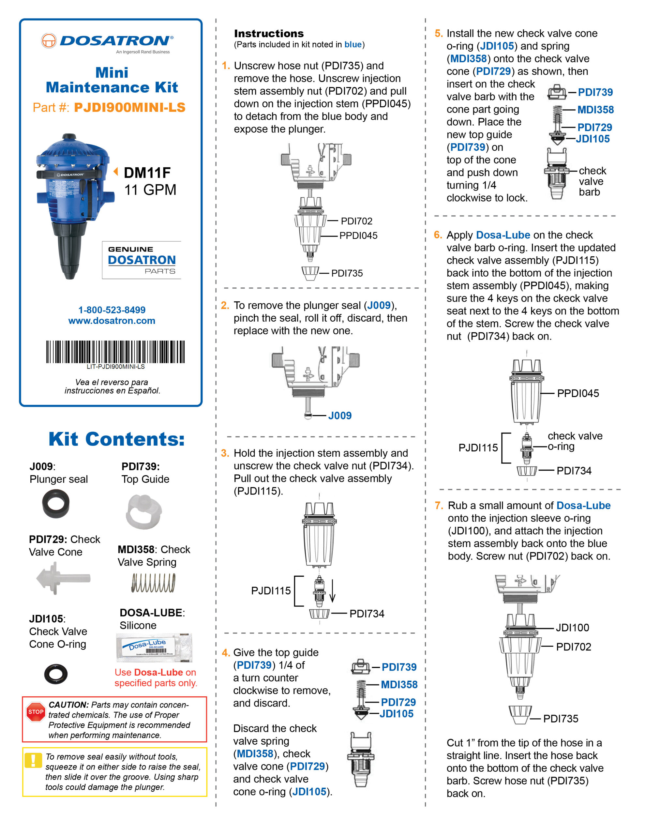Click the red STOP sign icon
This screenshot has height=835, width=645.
click(36, 712)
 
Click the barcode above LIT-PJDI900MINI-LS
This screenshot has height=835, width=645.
click(115, 351)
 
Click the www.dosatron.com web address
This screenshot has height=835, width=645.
click(112, 321)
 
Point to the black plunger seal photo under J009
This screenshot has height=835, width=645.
click(56, 503)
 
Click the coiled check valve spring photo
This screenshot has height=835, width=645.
click(153, 583)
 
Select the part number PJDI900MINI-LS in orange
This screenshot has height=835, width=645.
click(129, 107)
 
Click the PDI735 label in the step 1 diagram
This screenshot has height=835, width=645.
click(347, 273)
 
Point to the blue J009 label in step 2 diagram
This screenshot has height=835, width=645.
click(339, 416)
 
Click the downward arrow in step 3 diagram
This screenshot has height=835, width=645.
click(332, 591)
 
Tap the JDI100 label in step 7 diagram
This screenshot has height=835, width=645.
click(572, 628)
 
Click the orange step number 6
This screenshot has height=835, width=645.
click(438, 235)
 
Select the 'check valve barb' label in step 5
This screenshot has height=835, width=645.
click(592, 181)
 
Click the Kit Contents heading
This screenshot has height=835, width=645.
click(117, 439)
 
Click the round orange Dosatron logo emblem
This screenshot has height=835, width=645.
click(49, 40)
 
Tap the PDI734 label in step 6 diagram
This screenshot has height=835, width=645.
click(574, 471)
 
